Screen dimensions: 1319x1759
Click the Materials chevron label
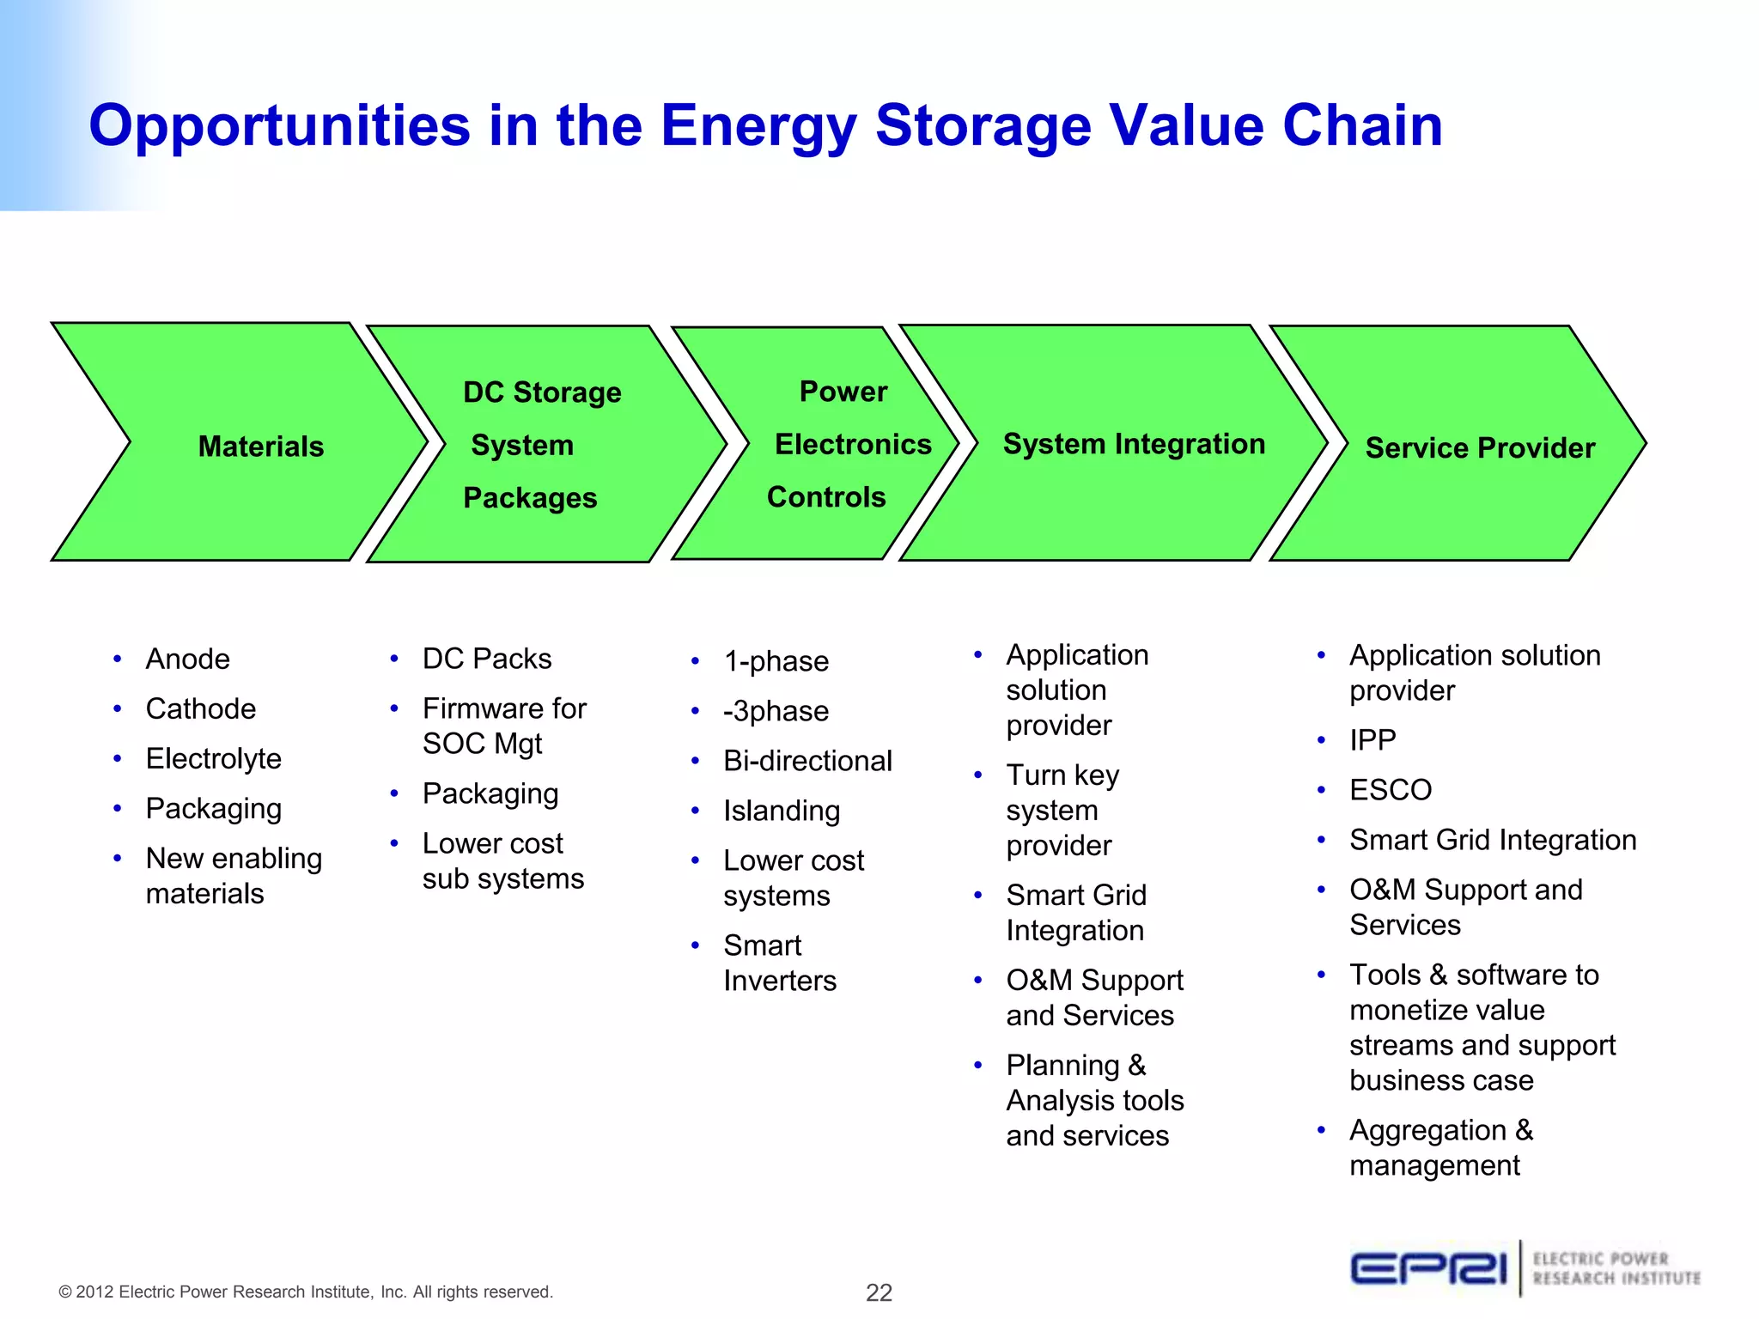click(x=261, y=447)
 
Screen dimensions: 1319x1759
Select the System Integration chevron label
click(x=1134, y=444)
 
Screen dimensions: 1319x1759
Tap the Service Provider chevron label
click(x=1480, y=447)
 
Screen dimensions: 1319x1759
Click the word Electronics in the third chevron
click(x=853, y=444)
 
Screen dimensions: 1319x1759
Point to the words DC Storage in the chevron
click(x=542, y=392)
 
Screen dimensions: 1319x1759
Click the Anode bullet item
click(x=188, y=659)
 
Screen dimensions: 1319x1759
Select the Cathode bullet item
click(x=201, y=708)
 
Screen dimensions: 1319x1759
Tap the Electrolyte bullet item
click(x=214, y=758)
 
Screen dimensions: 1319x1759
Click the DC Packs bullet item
click(x=487, y=659)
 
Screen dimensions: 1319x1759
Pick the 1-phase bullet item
click(x=776, y=661)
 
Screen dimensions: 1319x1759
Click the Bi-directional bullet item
click(x=807, y=761)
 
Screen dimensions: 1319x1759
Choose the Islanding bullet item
click(x=782, y=811)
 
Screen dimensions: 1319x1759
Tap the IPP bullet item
click(x=1373, y=739)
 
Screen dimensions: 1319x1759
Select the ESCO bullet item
click(x=1391, y=789)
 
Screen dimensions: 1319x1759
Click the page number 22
click(x=879, y=1292)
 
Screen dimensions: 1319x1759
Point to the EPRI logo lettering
click(x=1428, y=1268)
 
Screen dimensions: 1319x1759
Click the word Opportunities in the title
click(x=279, y=125)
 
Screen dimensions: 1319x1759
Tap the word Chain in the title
click(x=1362, y=125)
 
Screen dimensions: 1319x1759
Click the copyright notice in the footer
click(x=306, y=1292)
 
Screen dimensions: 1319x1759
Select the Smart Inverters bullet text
click(x=779, y=963)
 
